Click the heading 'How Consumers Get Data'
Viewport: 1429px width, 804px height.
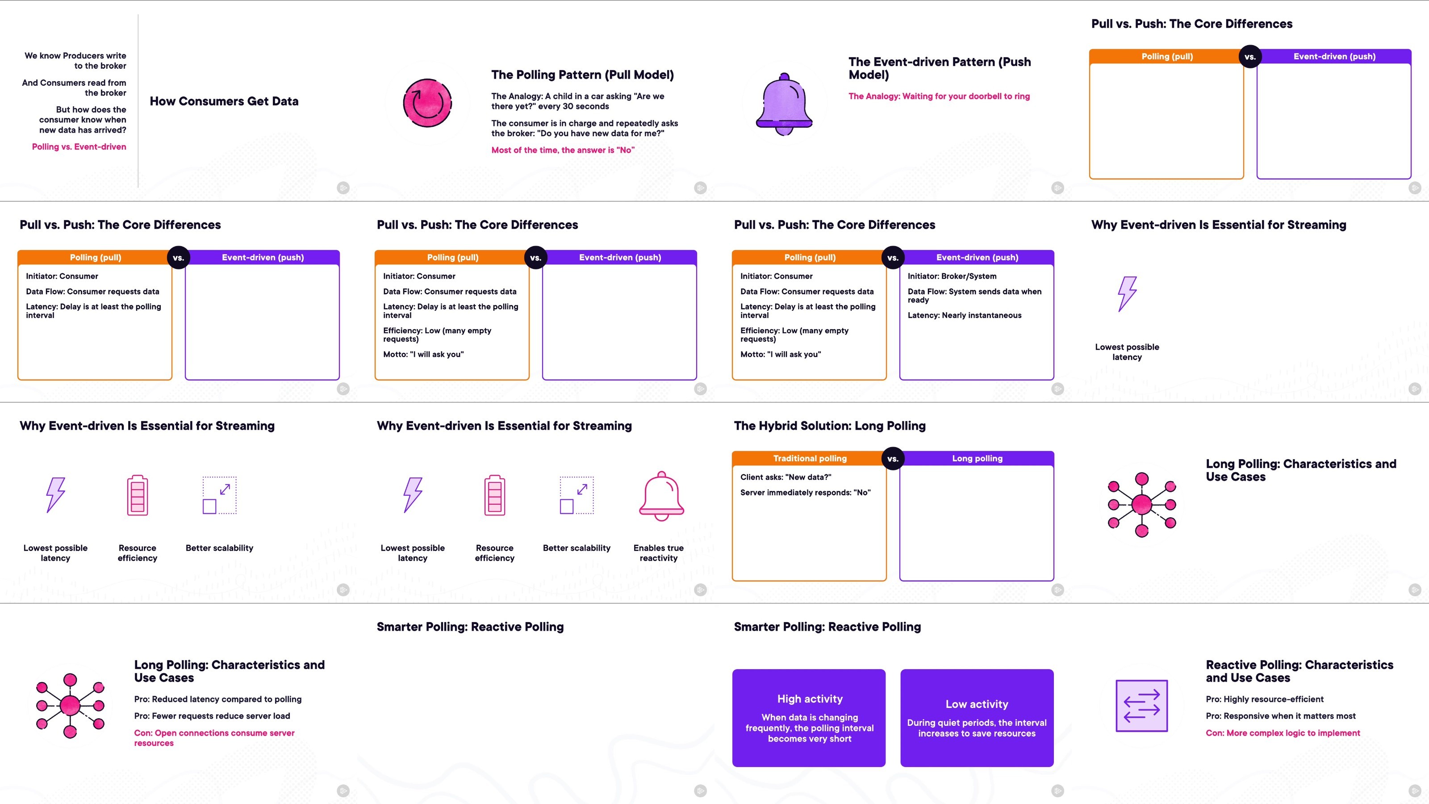click(x=224, y=101)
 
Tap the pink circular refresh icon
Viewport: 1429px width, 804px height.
click(x=427, y=103)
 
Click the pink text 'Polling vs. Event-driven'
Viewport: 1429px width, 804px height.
click(x=79, y=147)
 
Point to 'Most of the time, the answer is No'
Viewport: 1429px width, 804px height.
click(x=563, y=150)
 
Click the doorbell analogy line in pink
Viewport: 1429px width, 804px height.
click(x=939, y=96)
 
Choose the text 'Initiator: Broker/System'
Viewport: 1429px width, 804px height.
click(x=952, y=276)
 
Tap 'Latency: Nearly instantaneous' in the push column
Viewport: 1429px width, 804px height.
click(x=964, y=315)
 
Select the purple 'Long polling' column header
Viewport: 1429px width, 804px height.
click(x=977, y=458)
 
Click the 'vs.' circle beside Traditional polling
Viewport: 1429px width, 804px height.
click(x=893, y=459)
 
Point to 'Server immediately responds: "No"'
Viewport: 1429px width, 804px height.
click(x=806, y=492)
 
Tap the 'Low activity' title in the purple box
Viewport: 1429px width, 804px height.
click(x=977, y=704)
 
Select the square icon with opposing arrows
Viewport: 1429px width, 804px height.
click(x=1142, y=706)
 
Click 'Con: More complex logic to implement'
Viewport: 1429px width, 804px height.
click(x=1283, y=733)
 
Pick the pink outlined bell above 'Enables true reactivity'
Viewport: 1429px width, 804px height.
click(x=661, y=495)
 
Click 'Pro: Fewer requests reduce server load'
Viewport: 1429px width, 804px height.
click(x=212, y=716)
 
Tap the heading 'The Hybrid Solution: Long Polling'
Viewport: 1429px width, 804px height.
click(x=829, y=426)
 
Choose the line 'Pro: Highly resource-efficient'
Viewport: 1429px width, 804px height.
click(x=1264, y=699)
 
